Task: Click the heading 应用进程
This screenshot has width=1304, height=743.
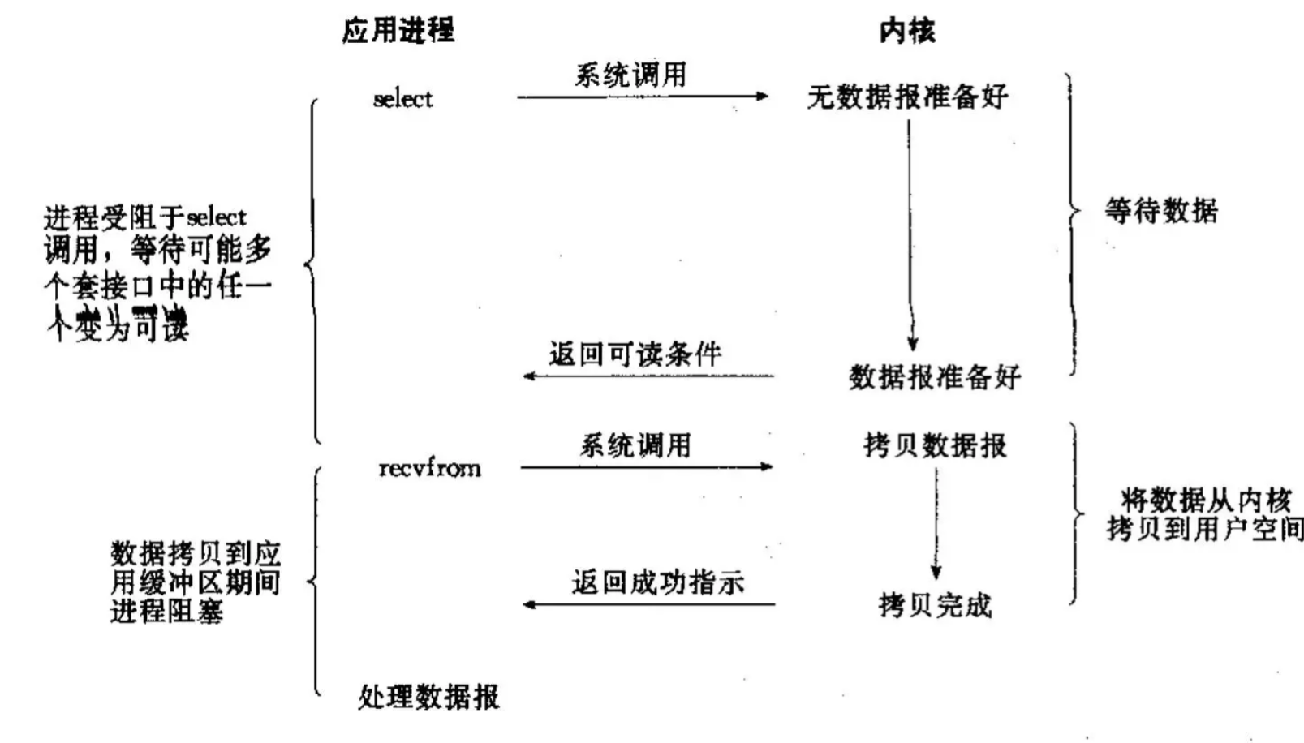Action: point(398,30)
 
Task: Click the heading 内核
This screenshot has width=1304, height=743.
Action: point(907,31)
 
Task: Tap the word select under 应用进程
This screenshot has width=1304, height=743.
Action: point(402,99)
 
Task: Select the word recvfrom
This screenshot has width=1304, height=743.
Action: point(429,468)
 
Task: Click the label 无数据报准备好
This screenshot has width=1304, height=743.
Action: point(907,97)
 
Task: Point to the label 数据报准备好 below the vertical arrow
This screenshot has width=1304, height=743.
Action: point(935,377)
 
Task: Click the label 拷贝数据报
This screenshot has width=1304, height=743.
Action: point(935,445)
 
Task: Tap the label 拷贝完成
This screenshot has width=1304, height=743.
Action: point(935,605)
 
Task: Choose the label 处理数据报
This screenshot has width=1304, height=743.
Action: point(428,697)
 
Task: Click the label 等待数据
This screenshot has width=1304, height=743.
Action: point(1160,211)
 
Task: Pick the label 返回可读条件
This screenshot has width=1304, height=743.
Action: point(635,354)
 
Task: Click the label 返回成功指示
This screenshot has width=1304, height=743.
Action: point(657,582)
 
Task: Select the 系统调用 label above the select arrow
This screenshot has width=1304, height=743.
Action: point(630,75)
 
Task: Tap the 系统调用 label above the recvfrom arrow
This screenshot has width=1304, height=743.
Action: point(635,445)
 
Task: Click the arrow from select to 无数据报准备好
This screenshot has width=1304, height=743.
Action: point(641,97)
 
